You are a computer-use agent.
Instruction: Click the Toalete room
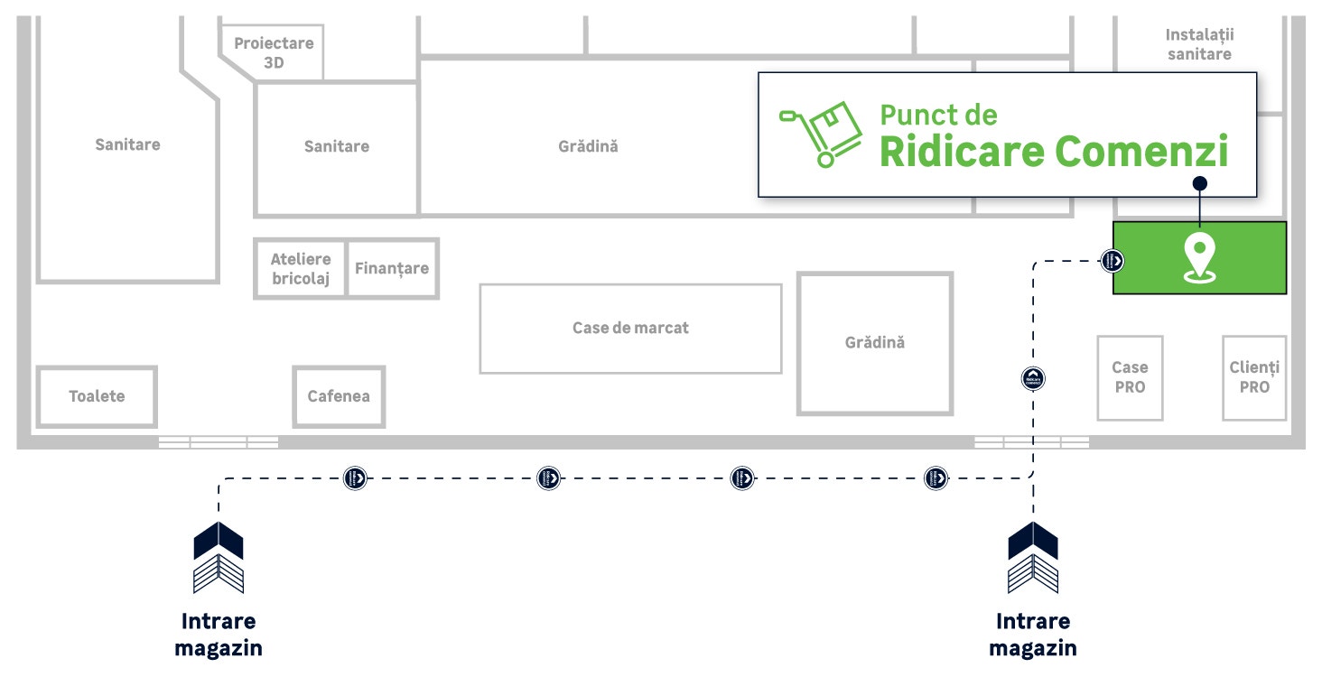point(97,396)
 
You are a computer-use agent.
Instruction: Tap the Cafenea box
point(339,396)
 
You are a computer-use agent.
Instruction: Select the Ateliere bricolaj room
point(301,269)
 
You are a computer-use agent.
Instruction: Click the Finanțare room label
point(392,268)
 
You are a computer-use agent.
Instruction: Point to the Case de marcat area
point(630,328)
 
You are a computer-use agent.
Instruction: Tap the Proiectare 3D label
point(274,52)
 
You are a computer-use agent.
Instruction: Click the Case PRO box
point(1130,377)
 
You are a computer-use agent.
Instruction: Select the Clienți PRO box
point(1254,377)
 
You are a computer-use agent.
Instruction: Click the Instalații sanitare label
point(1199,44)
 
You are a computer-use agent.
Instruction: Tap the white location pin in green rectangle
point(1199,258)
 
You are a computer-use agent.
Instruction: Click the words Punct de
point(938,115)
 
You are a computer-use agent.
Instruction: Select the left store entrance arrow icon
point(219,558)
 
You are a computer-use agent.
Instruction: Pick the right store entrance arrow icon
point(1033,558)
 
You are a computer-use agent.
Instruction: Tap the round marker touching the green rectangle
point(1113,261)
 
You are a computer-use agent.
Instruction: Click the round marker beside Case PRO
point(1033,378)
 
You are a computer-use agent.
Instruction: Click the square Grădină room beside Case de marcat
point(875,343)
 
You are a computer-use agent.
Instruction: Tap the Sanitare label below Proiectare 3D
point(337,146)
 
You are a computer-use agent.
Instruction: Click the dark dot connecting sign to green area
point(1199,183)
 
